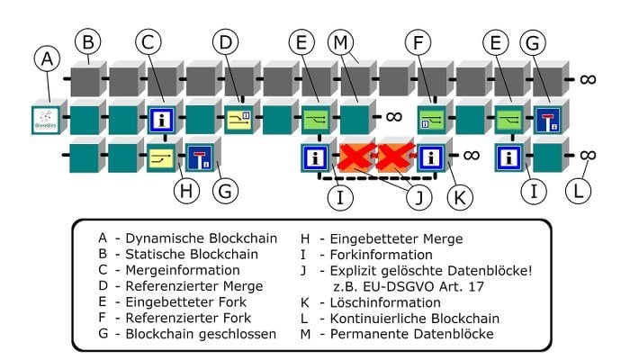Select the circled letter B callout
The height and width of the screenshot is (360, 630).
click(87, 41)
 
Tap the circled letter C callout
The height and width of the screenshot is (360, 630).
click(151, 41)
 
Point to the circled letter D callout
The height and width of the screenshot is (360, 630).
click(227, 41)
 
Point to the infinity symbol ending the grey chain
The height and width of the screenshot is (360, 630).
click(588, 79)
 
